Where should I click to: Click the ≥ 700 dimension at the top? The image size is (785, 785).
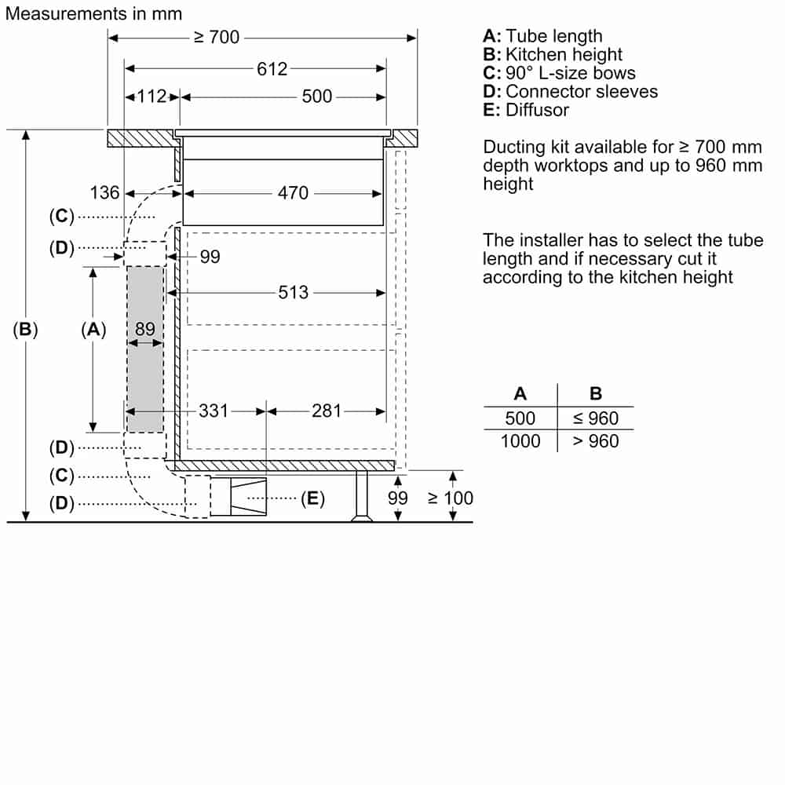point(217,37)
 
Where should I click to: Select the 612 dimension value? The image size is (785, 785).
point(272,69)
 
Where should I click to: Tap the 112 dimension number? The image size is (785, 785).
point(152,96)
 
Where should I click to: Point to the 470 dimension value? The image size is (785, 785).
point(293,193)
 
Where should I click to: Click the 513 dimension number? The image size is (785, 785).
point(294,292)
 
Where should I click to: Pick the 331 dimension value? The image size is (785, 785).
point(214,411)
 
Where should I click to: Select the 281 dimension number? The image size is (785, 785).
point(327,411)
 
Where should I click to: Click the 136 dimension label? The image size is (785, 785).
point(104,193)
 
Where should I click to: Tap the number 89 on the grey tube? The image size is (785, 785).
point(145,329)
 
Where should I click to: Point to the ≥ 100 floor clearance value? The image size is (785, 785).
point(451,498)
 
